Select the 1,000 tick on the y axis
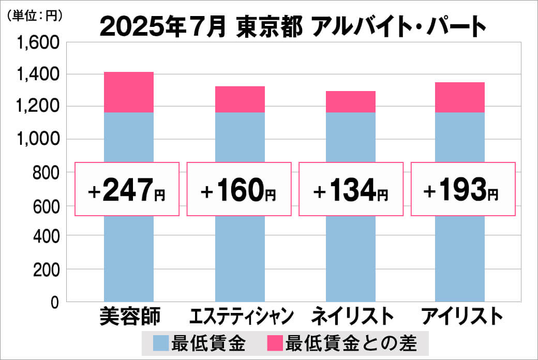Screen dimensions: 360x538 pos(41,140)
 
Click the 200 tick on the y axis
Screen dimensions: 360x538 pos(47,269)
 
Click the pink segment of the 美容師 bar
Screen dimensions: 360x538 pos(128,92)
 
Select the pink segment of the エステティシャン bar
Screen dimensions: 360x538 pos(240,99)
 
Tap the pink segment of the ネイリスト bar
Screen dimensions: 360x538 pos(350,102)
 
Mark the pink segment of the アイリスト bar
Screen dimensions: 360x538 pos(459,97)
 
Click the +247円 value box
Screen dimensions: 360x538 pos(127,189)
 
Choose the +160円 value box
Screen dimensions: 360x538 pos(238,189)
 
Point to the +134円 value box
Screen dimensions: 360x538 pos(351,189)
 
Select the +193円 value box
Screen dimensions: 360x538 pos(462,189)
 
